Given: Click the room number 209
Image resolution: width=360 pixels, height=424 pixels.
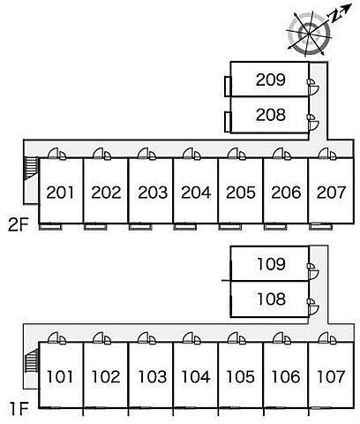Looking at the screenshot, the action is pos(271,79).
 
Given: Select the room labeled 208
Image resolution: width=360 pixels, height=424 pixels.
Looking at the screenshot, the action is pos(271,115).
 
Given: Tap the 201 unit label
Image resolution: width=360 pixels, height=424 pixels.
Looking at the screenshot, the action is pos(60,193).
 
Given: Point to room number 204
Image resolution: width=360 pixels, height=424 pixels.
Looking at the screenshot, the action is pos(196,193).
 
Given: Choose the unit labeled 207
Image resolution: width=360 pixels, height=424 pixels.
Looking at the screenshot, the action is pos(331,193).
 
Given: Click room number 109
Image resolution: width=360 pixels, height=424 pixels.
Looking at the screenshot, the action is pos(271,264).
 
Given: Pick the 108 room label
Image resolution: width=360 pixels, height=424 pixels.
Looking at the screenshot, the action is pos(271,299).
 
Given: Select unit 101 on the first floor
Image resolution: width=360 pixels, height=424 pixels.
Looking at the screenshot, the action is pos(60,376).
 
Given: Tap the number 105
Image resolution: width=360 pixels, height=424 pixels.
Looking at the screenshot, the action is pos(240,376).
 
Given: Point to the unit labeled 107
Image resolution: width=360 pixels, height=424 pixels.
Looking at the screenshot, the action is pos(331,376).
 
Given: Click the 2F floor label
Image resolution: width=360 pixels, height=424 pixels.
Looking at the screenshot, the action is pos(19,225).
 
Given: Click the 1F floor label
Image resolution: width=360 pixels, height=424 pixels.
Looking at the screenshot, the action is pos(19,409).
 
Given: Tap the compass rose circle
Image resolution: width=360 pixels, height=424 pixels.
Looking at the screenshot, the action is pos(309,34).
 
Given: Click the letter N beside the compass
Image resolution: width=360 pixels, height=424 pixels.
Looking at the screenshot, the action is pos(334,18).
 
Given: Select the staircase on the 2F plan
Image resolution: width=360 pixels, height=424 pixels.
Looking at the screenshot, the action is pos(31,168).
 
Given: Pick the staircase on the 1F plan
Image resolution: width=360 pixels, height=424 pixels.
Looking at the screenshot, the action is pos(31,360).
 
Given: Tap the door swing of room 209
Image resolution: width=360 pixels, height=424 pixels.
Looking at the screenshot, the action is pos(314,89).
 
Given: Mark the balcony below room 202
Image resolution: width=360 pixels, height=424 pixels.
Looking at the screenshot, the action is pos(95,226).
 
